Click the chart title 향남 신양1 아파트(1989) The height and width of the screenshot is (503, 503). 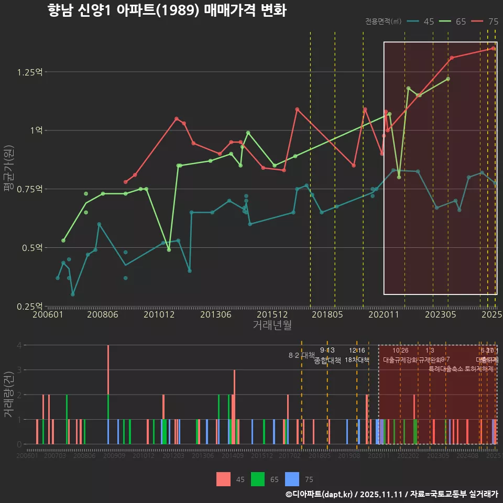[167, 10]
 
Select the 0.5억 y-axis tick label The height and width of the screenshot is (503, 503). [32, 247]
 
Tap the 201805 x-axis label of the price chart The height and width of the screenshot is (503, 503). [327, 315]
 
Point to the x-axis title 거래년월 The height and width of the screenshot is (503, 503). [272, 325]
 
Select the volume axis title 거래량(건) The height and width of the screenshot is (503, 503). [9, 394]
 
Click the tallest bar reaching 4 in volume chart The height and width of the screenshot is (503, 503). [108, 369]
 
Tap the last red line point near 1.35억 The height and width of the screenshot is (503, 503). [493, 48]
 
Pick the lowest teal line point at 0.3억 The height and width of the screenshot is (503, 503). [73, 294]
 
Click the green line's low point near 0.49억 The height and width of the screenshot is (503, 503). [169, 250]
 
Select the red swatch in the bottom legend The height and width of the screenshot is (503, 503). [223, 479]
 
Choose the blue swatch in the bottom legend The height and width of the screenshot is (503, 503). [292, 479]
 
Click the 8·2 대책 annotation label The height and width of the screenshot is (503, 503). [301, 355]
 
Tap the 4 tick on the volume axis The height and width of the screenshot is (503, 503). [19, 345]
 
